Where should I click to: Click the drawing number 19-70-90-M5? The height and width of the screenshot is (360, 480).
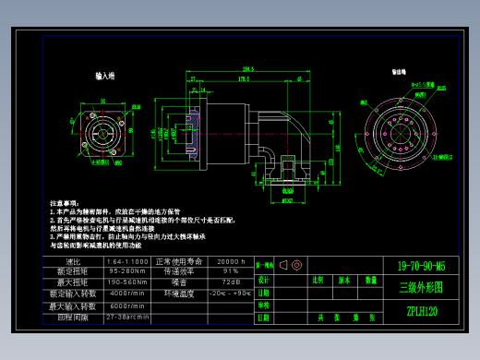pyautogui.click(x=420, y=266)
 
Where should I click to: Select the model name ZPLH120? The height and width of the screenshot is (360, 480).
pyautogui.click(x=421, y=311)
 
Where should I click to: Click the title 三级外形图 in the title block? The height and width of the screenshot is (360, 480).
pyautogui.click(x=420, y=287)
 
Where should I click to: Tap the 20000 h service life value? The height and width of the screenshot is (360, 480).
pyautogui.click(x=231, y=261)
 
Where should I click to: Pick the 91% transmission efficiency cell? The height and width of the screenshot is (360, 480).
pyautogui.click(x=231, y=271)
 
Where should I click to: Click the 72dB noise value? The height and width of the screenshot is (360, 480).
pyautogui.click(x=231, y=282)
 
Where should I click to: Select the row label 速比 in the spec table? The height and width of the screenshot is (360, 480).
pyautogui.click(x=76, y=261)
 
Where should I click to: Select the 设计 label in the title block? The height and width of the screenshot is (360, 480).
pyautogui.click(x=264, y=279)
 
